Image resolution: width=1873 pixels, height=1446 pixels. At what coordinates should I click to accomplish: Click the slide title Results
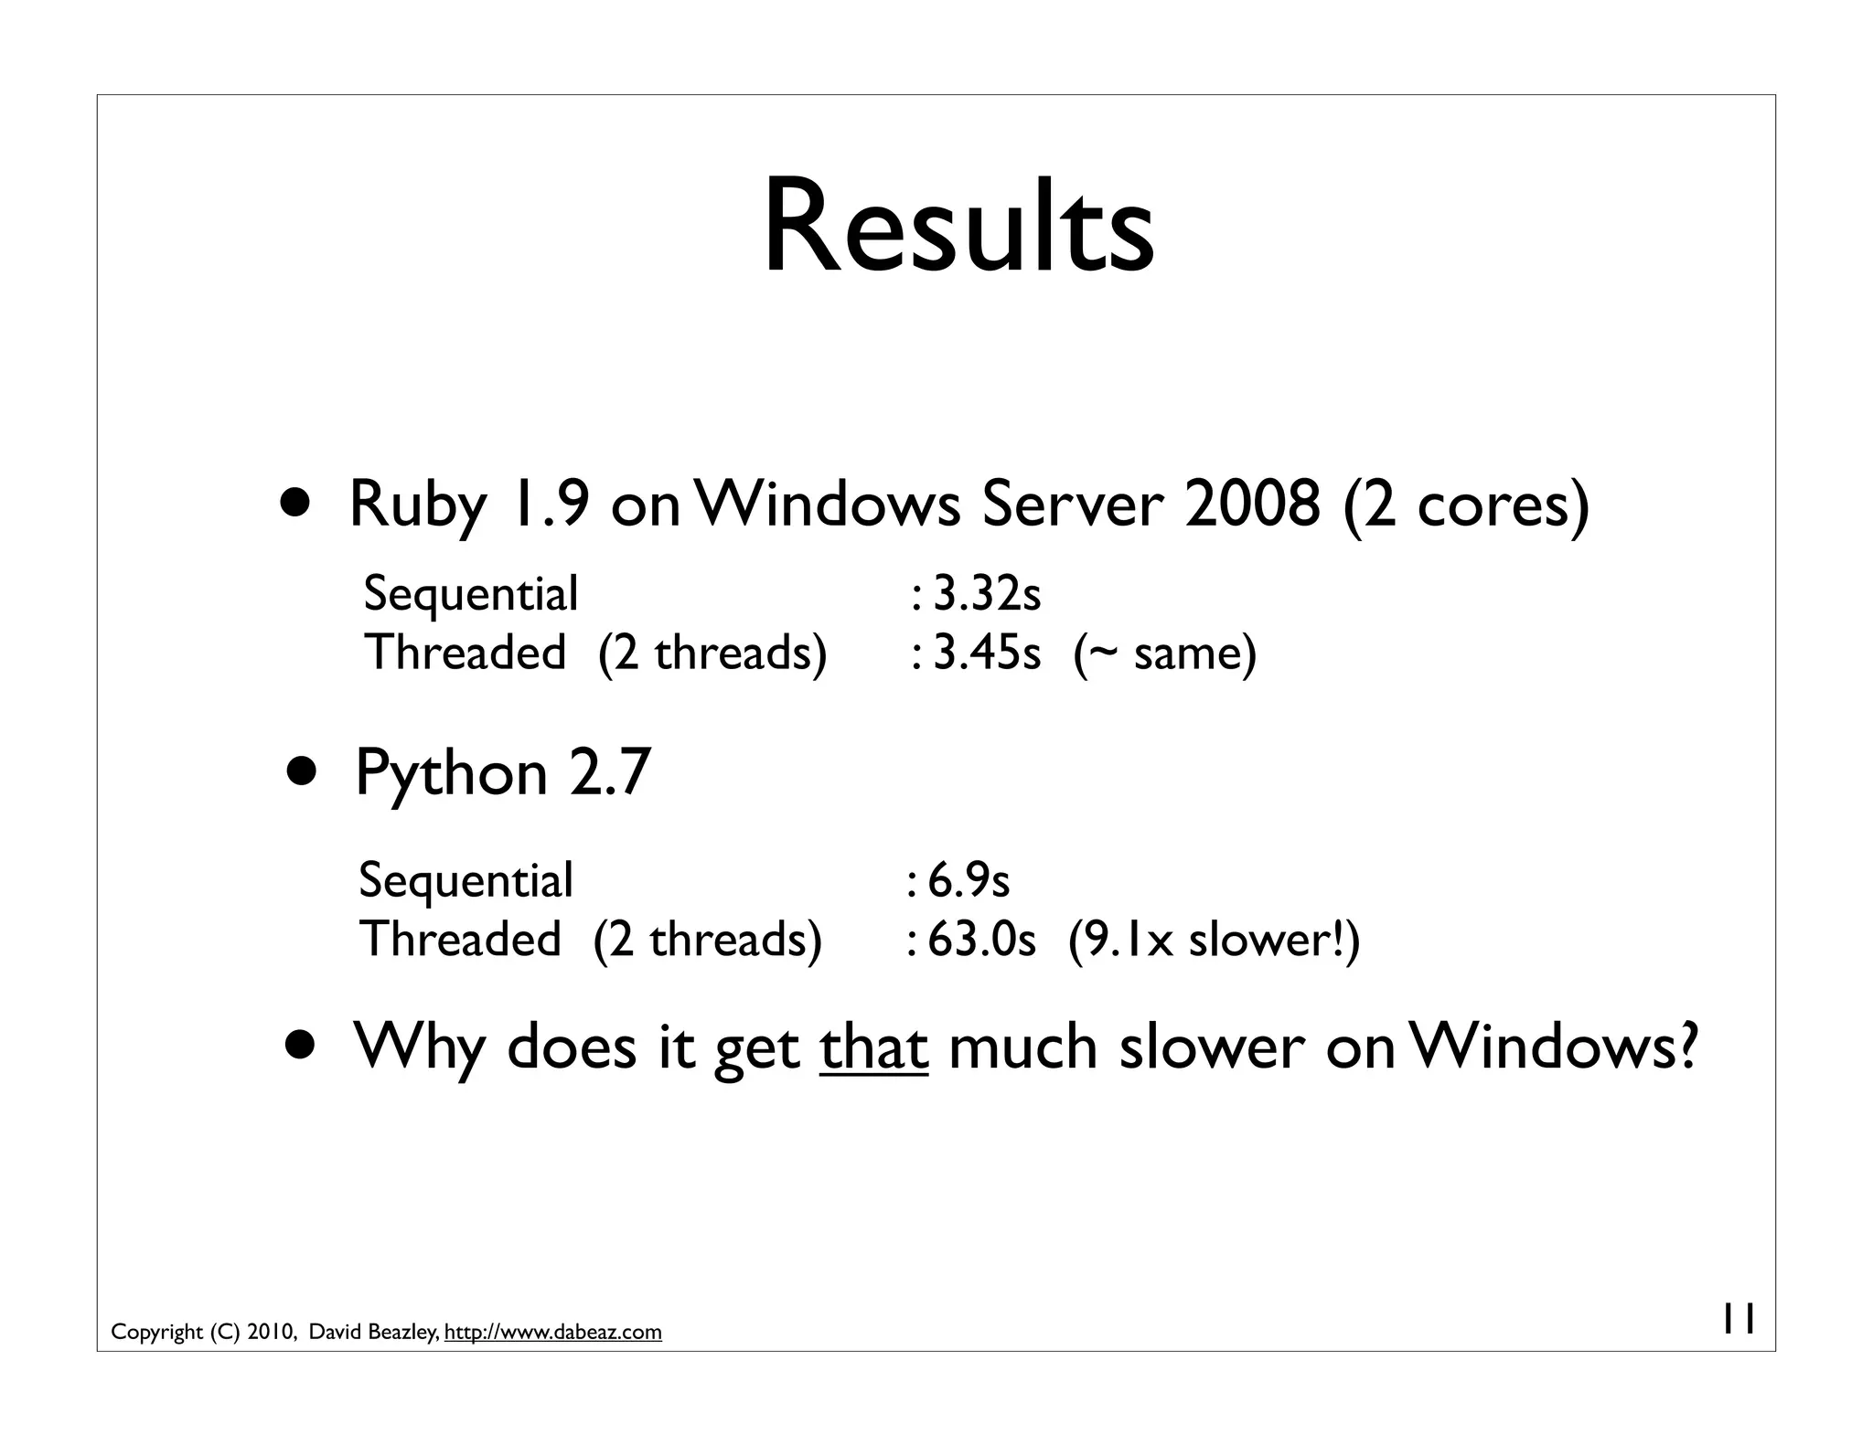pyautogui.click(x=958, y=226)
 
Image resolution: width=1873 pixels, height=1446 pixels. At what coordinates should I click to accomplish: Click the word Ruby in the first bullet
pyautogui.click(x=418, y=504)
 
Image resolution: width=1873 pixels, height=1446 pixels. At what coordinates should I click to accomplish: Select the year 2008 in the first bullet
pyautogui.click(x=1252, y=504)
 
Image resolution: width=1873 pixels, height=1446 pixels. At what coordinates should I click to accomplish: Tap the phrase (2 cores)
pyautogui.click(x=1467, y=505)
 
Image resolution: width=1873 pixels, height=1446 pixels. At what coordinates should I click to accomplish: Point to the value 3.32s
pyautogui.click(x=986, y=594)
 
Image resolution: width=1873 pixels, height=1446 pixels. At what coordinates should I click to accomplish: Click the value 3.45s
pyautogui.click(x=986, y=654)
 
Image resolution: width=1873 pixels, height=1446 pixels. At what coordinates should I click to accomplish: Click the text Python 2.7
pyautogui.click(x=502, y=772)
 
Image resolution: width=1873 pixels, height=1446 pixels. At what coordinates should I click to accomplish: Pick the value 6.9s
pyautogui.click(x=968, y=880)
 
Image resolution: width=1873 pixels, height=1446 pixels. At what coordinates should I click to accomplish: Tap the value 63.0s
pyautogui.click(x=980, y=940)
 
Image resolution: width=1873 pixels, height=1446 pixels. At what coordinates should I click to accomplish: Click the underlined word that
pyautogui.click(x=873, y=1047)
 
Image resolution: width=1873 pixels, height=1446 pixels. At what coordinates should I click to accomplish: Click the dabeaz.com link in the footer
pyautogui.click(x=552, y=1332)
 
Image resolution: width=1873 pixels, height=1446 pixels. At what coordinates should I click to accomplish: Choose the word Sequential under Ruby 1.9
pyautogui.click(x=470, y=594)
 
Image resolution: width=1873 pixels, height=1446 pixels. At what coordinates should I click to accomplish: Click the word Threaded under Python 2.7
pyautogui.click(x=460, y=940)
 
